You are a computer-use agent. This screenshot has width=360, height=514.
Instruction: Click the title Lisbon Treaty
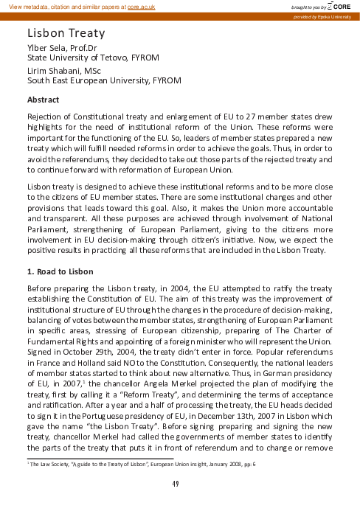tap(66, 34)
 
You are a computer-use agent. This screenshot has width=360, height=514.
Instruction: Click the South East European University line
tap(103, 80)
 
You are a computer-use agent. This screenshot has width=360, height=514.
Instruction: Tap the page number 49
tap(176, 484)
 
